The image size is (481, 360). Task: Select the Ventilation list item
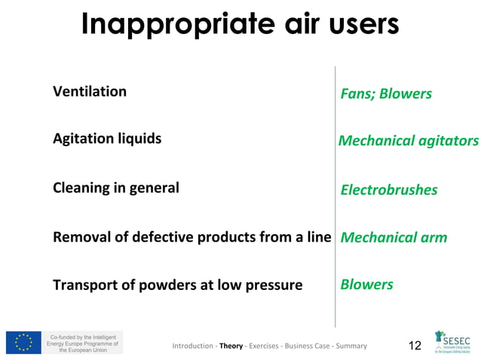point(90,92)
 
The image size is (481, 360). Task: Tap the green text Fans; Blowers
point(386,93)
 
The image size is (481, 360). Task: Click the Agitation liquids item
point(106,139)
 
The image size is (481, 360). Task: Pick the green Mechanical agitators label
point(408,141)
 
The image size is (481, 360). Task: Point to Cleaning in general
point(115,188)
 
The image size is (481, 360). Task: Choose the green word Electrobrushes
point(388,190)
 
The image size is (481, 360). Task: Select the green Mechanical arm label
point(394,238)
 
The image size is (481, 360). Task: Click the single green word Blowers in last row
point(366,285)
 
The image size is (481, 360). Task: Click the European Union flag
point(23,343)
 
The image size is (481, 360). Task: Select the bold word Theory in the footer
point(231,346)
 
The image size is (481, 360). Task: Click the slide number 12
point(414,346)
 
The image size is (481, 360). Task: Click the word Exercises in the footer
point(264,346)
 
